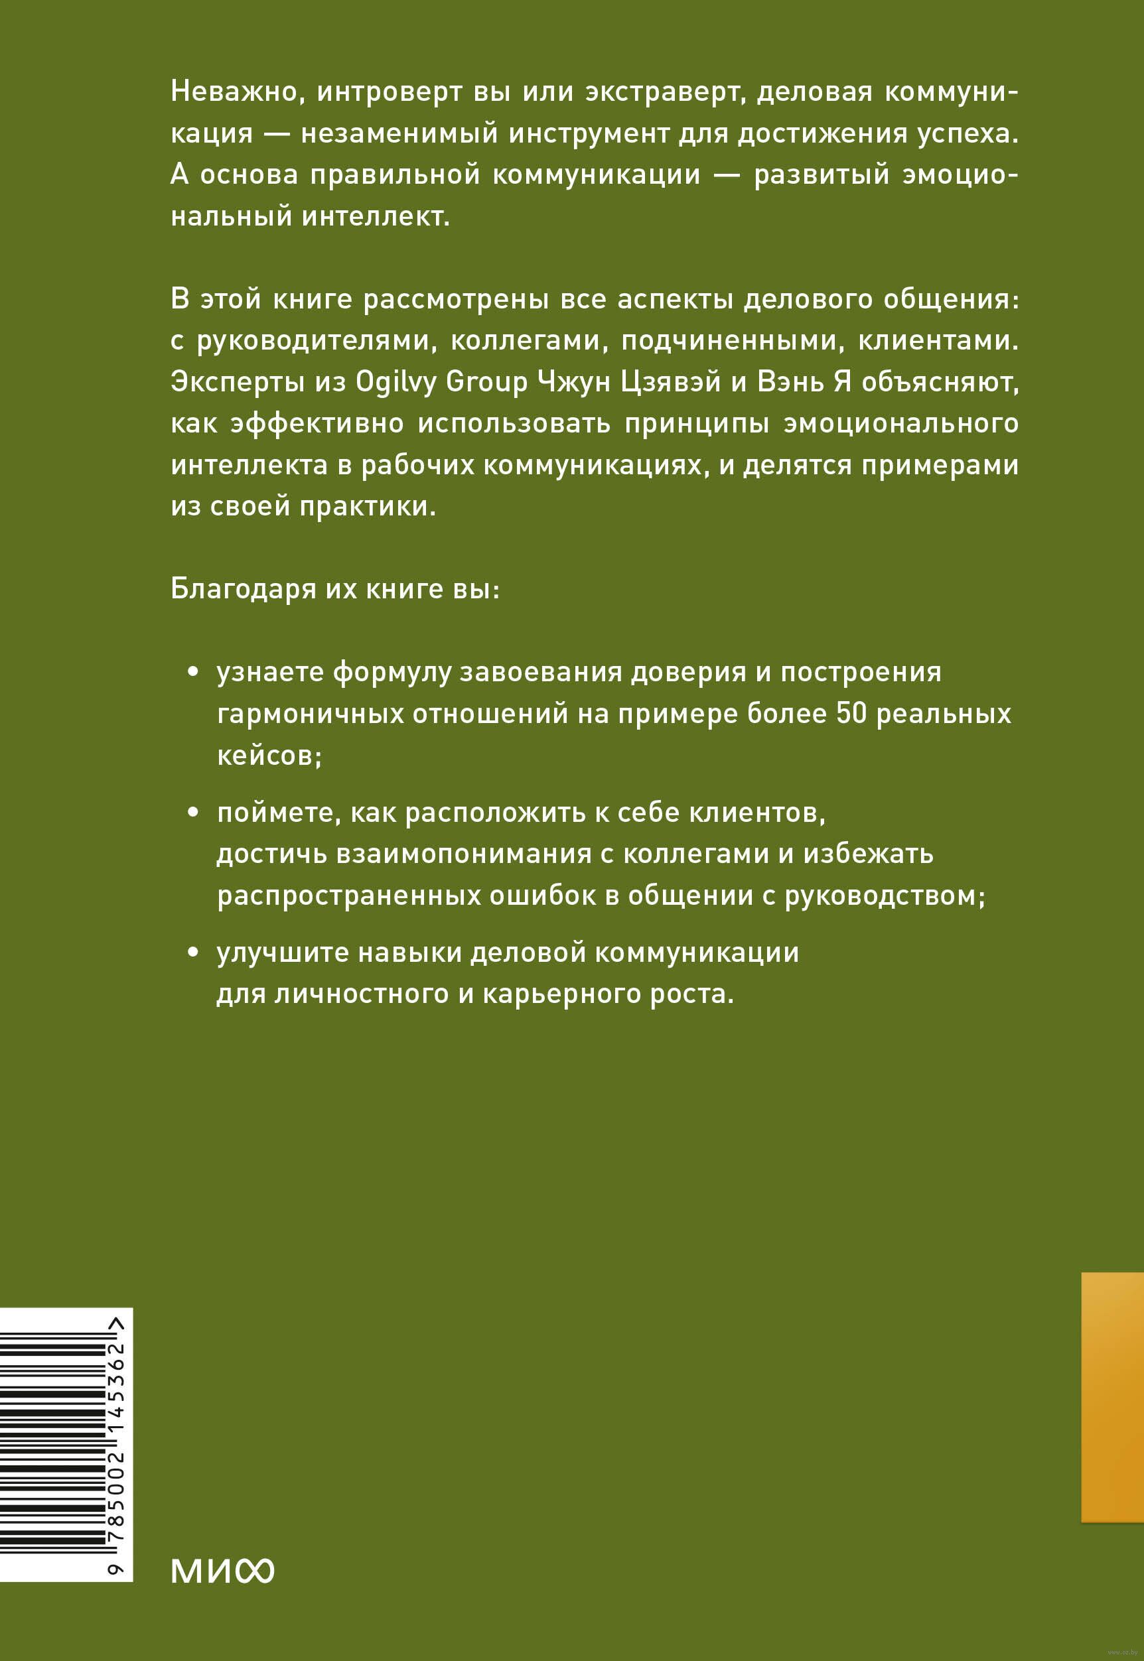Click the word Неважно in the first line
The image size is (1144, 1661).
[x=233, y=92]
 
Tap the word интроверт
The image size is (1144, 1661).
[x=390, y=92]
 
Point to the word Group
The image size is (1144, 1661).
[x=486, y=382]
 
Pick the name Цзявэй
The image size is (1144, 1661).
[x=670, y=382]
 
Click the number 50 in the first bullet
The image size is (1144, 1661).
[x=851, y=714]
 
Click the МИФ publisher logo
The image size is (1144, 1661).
[x=222, y=1571]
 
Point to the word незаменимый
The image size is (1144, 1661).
[x=399, y=134]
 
